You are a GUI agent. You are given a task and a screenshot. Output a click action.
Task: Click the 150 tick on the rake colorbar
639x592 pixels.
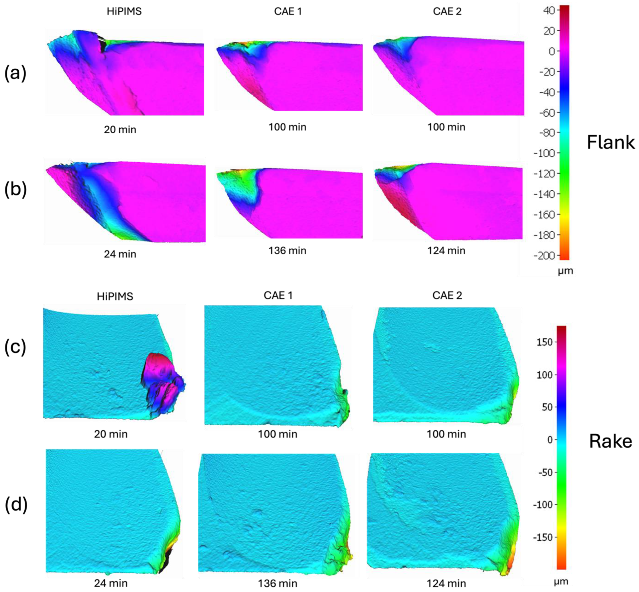click(x=545, y=342)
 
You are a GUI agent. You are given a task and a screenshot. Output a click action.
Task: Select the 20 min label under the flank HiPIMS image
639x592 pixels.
click(x=120, y=130)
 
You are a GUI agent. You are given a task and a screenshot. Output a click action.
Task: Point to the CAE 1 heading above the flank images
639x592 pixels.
click(x=288, y=12)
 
